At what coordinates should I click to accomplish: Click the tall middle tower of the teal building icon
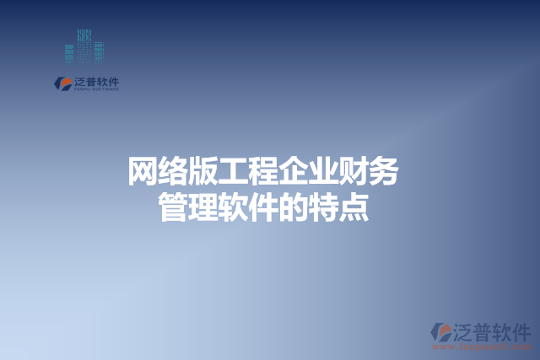pos(84,46)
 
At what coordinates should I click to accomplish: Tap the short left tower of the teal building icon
pos(70,53)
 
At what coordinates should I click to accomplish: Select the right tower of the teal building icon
pos(98,51)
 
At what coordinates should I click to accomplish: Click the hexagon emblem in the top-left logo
pos(62,83)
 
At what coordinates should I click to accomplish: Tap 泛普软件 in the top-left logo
pos(96,81)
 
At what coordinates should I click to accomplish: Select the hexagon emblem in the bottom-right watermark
pos(440,331)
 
